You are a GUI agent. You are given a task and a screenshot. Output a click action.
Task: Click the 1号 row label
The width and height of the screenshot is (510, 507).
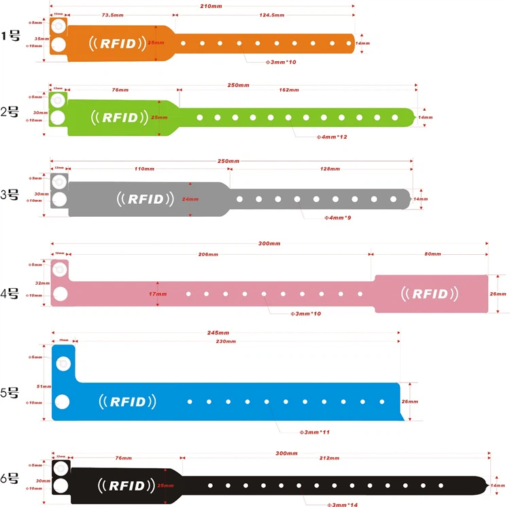[x=12, y=36]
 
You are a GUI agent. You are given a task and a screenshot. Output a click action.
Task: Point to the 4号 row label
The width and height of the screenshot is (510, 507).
[x=12, y=294]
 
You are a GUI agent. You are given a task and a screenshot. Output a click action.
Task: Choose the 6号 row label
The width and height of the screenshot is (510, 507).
[x=12, y=478]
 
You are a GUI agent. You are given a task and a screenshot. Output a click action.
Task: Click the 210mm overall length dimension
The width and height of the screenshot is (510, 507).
[x=208, y=7]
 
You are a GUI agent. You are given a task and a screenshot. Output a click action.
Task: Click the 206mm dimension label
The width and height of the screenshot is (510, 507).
[x=208, y=255]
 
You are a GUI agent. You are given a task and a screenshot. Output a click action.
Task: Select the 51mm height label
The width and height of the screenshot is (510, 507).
[x=44, y=387]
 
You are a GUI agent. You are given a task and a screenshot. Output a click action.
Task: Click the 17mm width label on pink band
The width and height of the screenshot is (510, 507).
[x=158, y=294]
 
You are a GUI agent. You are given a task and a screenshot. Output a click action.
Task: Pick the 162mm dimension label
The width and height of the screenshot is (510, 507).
[x=289, y=90]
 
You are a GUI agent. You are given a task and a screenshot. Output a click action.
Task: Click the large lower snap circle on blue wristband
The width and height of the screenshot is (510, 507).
[x=63, y=402]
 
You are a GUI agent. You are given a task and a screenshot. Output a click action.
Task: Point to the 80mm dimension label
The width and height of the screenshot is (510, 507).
[x=432, y=255]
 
